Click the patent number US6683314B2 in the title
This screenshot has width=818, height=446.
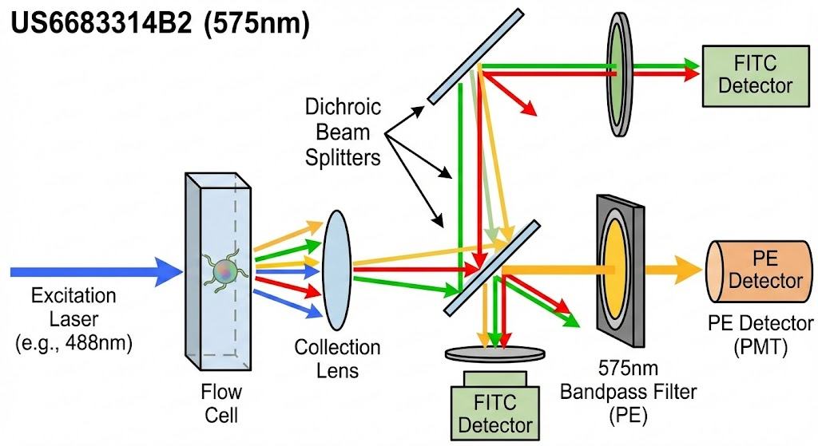pos(101,23)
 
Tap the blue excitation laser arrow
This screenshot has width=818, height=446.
pos(97,271)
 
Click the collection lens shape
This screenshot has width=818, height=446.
pos(337,270)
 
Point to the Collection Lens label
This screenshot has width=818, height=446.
pos(337,359)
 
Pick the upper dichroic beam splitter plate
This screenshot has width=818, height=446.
pos(475,56)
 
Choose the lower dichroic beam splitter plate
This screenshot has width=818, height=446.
pos(492,268)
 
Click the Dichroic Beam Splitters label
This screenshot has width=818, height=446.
pos(343,132)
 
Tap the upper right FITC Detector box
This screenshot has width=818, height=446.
pos(756,76)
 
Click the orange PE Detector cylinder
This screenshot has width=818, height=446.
pos(760,271)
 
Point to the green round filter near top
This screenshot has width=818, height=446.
pos(619,74)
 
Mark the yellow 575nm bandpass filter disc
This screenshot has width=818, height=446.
pos(615,269)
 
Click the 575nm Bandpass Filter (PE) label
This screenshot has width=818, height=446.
pos(628,392)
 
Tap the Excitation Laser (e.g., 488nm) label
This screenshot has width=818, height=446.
pos(73,319)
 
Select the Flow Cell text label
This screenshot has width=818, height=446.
pos(221,404)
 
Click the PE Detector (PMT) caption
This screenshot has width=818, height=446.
pos(760,335)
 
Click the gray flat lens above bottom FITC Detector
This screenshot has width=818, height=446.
pos(495,354)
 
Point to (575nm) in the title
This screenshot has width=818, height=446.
pos(256,24)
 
